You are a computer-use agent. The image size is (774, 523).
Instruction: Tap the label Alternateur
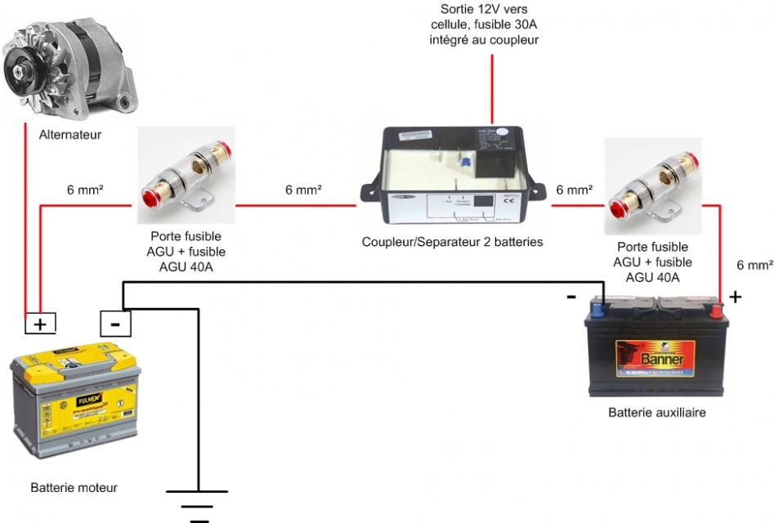pyautogui.click(x=70, y=135)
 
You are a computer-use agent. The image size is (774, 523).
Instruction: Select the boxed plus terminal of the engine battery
pyautogui.click(x=39, y=324)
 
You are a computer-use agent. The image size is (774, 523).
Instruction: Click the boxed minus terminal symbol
pyautogui.click(x=114, y=324)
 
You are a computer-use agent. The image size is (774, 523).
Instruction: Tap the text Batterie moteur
pyautogui.click(x=74, y=488)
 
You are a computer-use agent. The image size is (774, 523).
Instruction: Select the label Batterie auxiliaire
pyautogui.click(x=656, y=413)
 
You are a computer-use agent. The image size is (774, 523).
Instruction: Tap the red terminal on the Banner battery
pyautogui.click(x=716, y=310)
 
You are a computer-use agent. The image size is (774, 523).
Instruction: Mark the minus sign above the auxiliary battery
pyautogui.click(x=571, y=296)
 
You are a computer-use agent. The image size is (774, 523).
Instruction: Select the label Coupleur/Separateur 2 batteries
pyautogui.click(x=452, y=242)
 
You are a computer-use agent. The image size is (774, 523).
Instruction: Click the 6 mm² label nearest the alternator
pyautogui.click(x=84, y=190)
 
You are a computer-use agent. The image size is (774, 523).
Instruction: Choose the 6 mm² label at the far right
pyautogui.click(x=754, y=265)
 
